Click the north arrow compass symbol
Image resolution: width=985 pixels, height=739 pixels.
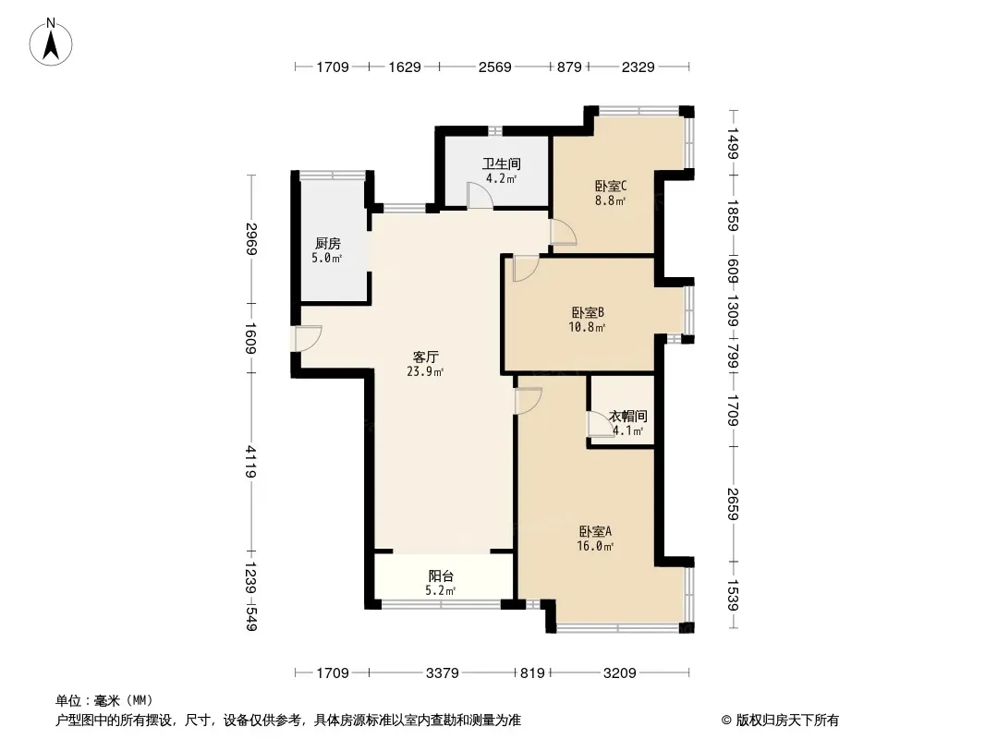(51, 42)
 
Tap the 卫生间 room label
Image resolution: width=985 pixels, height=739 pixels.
(502, 164)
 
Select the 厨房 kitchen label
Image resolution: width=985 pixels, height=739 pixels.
(327, 243)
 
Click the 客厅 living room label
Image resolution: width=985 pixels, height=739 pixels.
(425, 357)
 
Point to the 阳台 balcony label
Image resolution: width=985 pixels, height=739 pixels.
(441, 575)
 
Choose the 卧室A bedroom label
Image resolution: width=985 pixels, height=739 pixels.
(595, 531)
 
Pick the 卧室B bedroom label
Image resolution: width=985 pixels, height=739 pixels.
(588, 312)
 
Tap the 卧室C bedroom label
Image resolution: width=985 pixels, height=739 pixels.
(611, 186)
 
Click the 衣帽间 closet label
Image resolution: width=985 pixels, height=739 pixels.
(627, 416)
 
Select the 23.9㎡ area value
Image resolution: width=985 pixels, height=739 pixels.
(425, 371)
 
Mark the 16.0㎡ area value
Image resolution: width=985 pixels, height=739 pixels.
(595, 546)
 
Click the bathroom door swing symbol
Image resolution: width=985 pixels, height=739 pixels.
(480, 195)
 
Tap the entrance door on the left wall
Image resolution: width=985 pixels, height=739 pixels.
(309, 338)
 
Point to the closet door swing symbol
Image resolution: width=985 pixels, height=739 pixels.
(602, 424)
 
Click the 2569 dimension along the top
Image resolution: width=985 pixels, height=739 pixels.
(495, 67)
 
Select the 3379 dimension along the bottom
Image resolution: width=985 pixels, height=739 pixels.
(443, 673)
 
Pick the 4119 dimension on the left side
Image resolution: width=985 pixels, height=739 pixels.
(251, 462)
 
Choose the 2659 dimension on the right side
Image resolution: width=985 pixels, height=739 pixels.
(733, 503)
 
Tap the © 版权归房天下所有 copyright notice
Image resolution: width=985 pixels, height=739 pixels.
(780, 721)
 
